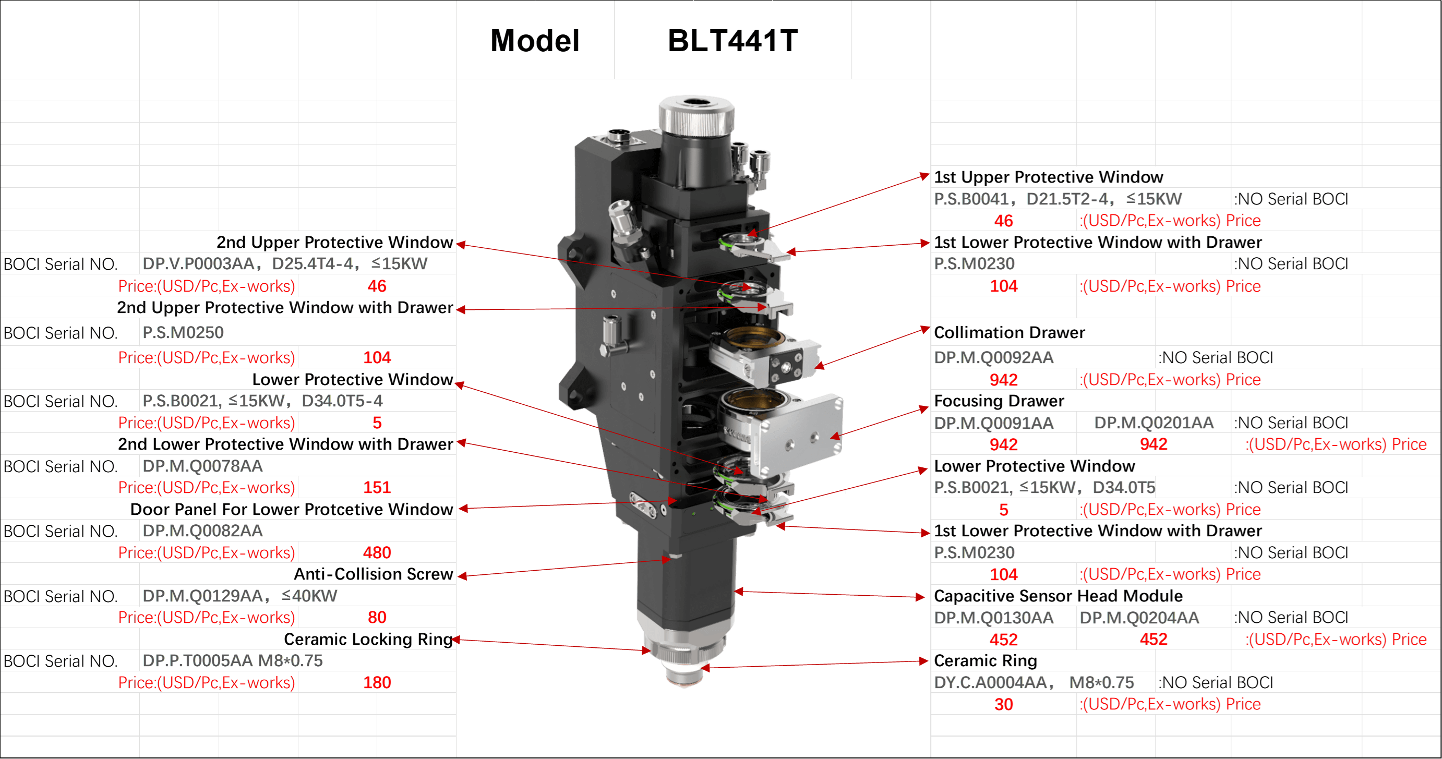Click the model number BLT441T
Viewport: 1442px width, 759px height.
pos(733,41)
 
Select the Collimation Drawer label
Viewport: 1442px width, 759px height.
pos(1010,332)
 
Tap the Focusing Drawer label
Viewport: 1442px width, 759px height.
pos(999,401)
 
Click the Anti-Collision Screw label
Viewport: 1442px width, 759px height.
pos(374,574)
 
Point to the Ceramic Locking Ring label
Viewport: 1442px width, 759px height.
pos(368,639)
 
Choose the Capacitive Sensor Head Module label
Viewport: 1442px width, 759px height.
pos(1059,596)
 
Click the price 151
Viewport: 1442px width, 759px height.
pos(377,488)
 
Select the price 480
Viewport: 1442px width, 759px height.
pos(377,552)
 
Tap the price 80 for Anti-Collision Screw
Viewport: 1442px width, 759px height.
pos(377,618)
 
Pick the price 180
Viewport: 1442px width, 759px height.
pos(377,682)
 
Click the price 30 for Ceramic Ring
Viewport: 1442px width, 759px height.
pos(1004,704)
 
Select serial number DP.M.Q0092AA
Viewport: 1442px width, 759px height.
pos(994,357)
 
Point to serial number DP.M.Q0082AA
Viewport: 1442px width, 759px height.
pos(202,531)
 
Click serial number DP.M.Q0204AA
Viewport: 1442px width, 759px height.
pos(1139,618)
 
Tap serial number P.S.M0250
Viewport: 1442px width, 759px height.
pos(183,332)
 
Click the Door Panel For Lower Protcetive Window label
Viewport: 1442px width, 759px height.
pos(292,509)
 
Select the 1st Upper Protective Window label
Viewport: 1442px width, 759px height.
pos(1049,177)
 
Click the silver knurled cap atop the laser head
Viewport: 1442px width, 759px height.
pos(696,115)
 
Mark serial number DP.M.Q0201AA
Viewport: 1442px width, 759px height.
pos(1153,423)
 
